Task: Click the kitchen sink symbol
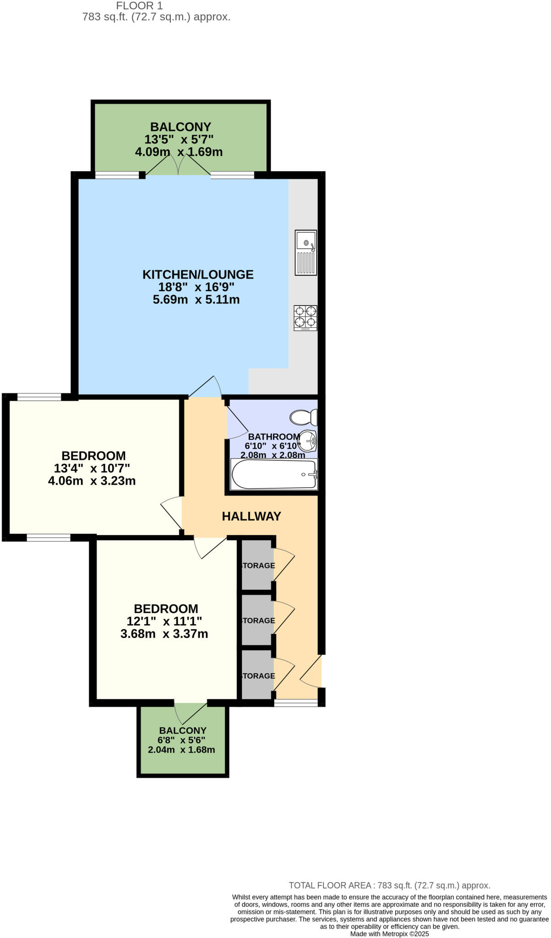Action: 306,252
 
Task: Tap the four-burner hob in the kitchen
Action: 306,318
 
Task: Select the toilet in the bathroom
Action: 303,417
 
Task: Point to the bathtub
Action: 274,474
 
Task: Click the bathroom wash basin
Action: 307,441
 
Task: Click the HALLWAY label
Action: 251,516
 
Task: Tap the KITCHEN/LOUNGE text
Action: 197,274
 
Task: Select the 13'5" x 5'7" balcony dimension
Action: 179,139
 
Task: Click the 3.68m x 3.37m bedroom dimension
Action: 164,634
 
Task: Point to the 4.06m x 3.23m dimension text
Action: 92,481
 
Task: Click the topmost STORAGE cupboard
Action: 257,565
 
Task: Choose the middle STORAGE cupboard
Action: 257,620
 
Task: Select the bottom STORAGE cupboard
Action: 257,675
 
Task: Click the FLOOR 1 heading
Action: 139,6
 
